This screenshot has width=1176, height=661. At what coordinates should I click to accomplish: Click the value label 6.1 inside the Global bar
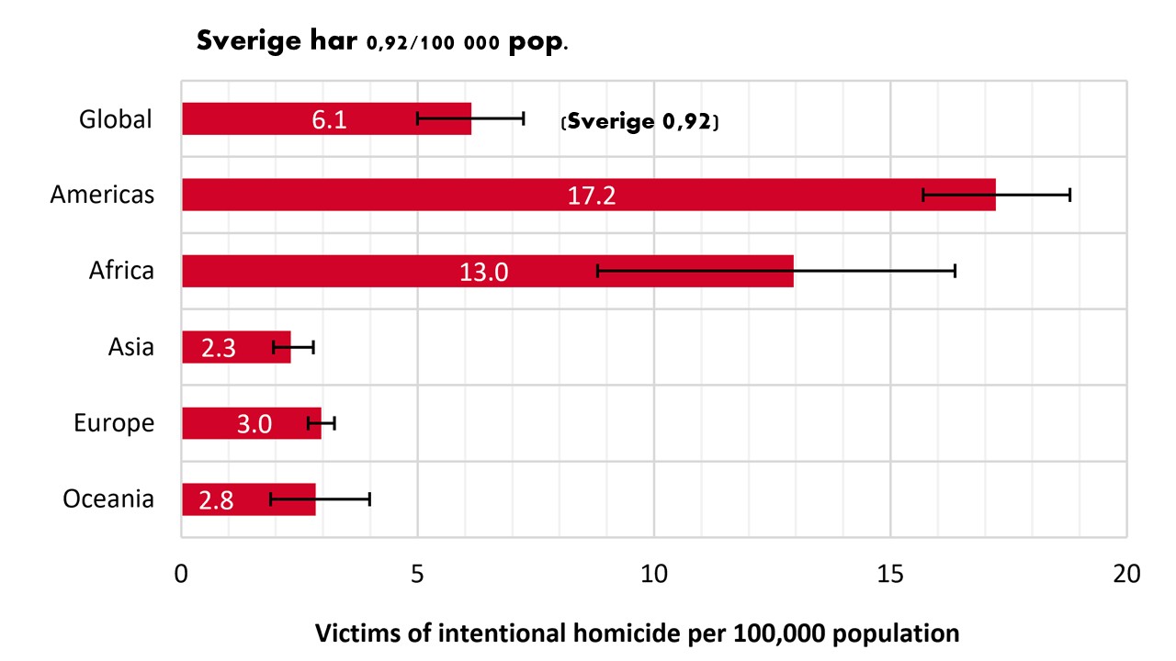coord(329,119)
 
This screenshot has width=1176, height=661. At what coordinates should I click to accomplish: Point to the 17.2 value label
coord(592,196)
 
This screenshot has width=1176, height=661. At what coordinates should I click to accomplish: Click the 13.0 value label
coord(483,272)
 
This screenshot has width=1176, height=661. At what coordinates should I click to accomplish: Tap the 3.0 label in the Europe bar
coord(254,424)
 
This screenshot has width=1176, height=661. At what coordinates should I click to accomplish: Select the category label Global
coord(116,119)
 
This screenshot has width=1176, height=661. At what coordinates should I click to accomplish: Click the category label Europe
coord(114,424)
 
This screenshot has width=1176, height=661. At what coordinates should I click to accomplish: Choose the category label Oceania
coord(108,499)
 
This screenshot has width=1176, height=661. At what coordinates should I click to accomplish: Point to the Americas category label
coord(102,195)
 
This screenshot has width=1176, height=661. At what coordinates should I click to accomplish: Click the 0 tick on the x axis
coord(182,574)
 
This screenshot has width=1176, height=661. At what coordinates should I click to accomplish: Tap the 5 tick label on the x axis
coord(417,574)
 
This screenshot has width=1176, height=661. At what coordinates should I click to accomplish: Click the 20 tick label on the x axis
coord(1125,574)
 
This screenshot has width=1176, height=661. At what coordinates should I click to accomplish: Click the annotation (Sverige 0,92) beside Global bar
coord(639,121)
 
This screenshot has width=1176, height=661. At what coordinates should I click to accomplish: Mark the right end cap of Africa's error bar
coord(955,271)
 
